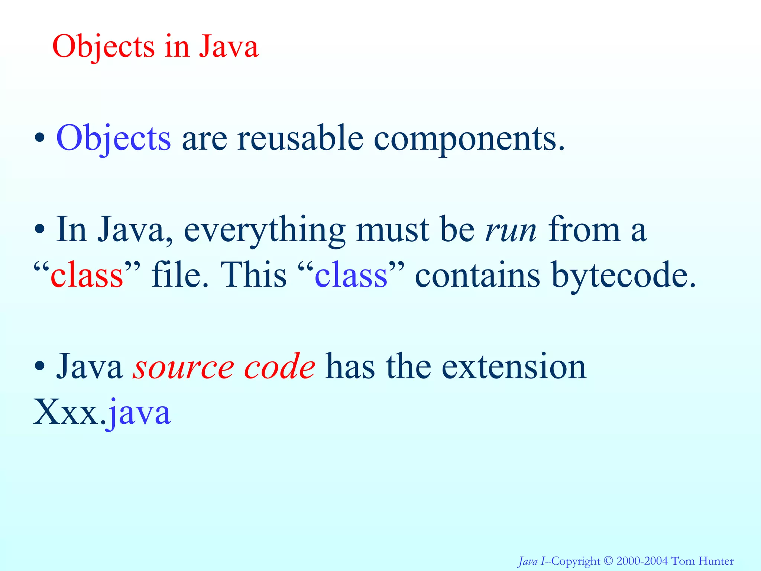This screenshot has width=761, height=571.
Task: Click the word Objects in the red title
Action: pos(103,47)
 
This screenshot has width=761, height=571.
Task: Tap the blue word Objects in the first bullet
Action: pos(113,138)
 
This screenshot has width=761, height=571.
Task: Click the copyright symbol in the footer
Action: pos(608,561)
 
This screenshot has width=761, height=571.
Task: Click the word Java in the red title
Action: pos(228,47)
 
